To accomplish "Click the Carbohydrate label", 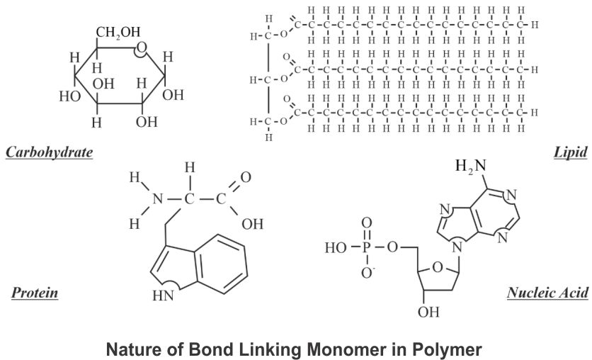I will tap(50, 152).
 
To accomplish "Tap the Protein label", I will tap(35, 292).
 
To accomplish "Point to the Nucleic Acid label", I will tap(547, 292).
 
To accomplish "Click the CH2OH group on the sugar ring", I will tap(118, 33).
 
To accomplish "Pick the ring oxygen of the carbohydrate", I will tap(142, 49).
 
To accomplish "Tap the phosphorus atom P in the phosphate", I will tap(366, 249).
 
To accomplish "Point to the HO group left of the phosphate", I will tap(334, 249).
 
